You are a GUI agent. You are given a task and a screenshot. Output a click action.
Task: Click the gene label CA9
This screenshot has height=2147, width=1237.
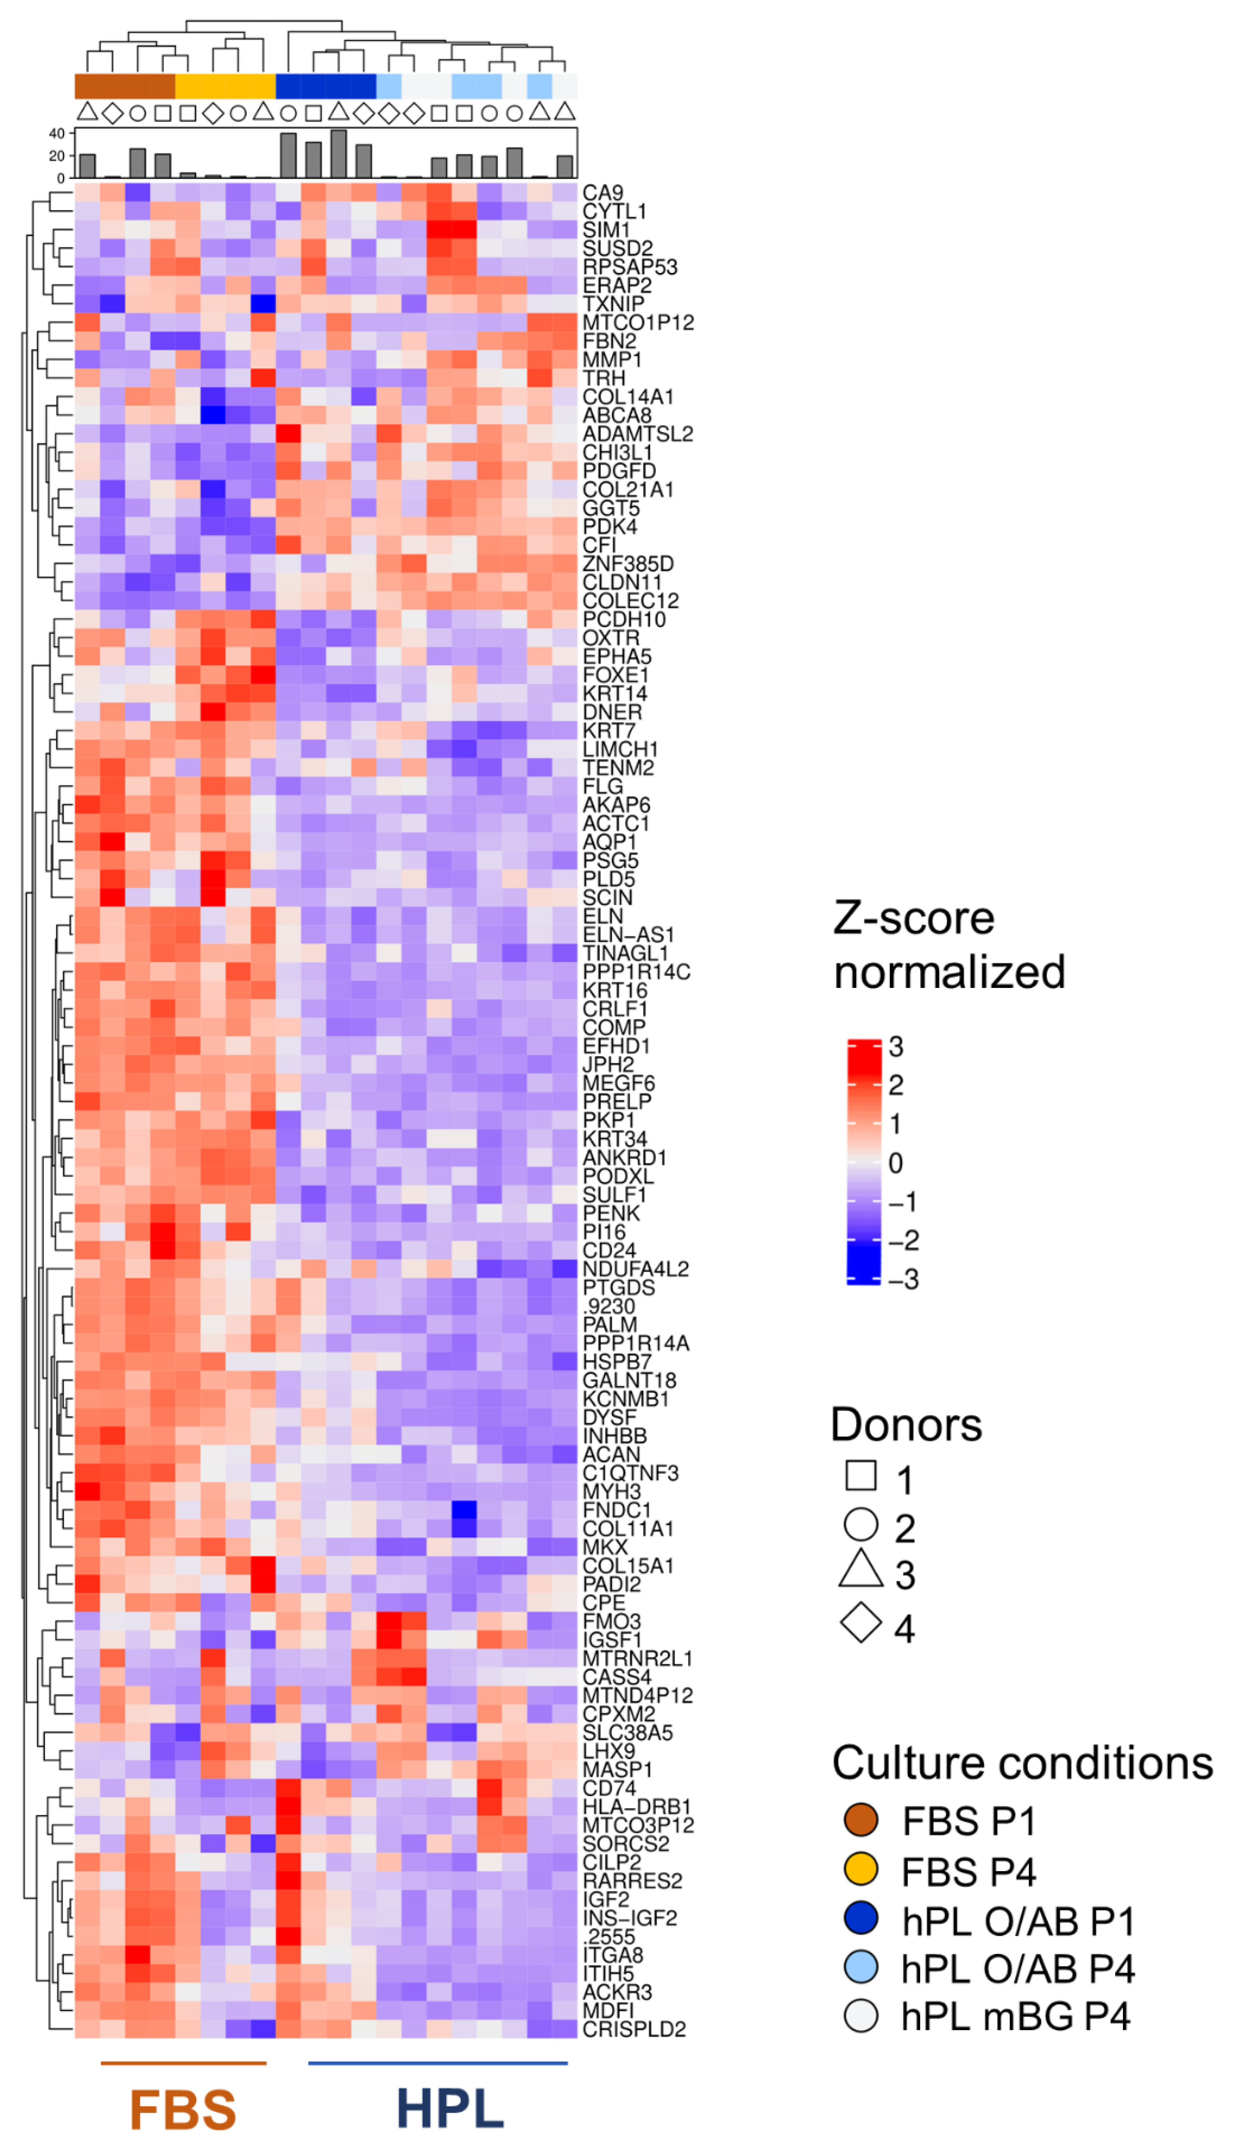(602, 193)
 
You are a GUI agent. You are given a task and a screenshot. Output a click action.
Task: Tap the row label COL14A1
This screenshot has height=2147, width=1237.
(628, 397)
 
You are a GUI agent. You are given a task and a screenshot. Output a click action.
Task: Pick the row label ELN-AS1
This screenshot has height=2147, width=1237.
(628, 935)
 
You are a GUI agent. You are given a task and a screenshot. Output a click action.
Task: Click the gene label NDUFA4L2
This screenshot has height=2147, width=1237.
(635, 1269)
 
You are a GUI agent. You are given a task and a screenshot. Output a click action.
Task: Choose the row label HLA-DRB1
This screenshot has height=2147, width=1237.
(636, 1806)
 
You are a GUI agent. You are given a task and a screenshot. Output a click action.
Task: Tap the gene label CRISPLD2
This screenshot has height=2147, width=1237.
(634, 2029)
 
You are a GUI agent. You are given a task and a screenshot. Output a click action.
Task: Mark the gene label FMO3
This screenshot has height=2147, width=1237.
(611, 1621)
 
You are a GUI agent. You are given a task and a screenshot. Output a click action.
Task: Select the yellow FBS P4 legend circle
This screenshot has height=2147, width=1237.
(861, 1868)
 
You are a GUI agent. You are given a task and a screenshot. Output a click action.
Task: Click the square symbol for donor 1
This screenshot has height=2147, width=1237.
(861, 1476)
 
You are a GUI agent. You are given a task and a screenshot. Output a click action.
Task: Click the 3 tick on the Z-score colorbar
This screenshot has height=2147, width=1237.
(896, 1047)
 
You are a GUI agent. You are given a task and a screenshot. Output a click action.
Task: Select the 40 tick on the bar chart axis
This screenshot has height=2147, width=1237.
(57, 133)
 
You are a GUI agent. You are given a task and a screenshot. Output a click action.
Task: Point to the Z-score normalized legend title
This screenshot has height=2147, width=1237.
(949, 945)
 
